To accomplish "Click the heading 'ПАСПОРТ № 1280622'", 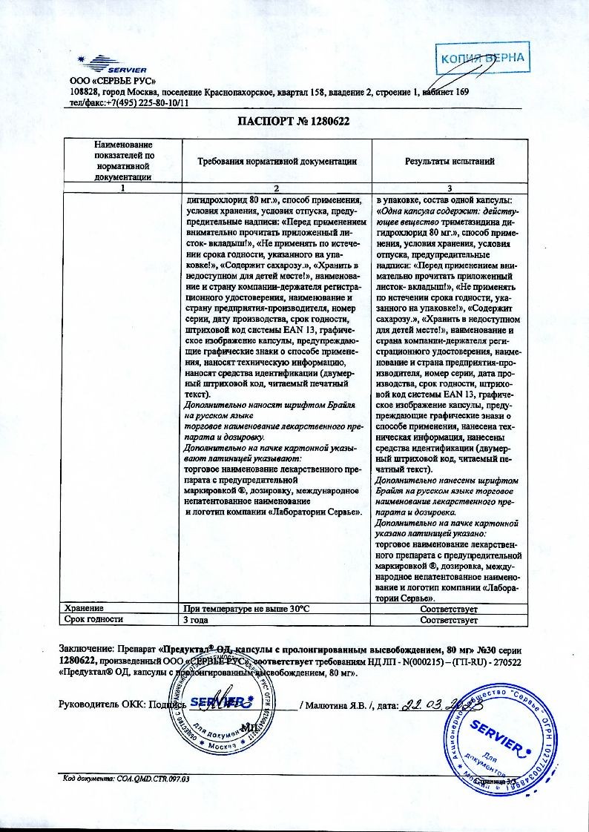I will [294, 121].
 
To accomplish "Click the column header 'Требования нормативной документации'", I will [277, 161].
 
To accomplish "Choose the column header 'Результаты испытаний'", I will [450, 161].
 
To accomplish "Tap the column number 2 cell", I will [277, 188].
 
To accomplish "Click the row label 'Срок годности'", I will [93, 619].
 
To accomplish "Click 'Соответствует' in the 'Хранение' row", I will [449, 608].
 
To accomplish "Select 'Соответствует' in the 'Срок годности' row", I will [449, 620].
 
